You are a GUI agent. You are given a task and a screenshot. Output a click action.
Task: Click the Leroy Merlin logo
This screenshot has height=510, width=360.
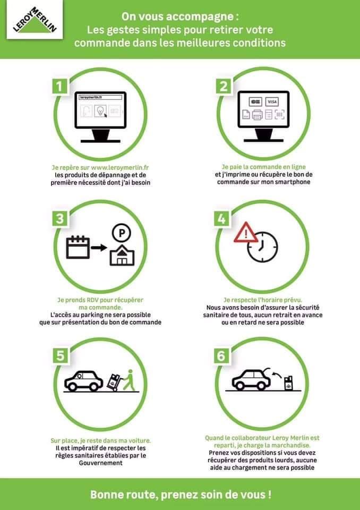pos(35,20)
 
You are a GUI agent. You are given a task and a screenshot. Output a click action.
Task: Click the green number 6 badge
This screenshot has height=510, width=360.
pos(221,355)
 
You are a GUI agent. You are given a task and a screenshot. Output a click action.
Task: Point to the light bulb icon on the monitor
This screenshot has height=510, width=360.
pos(100,110)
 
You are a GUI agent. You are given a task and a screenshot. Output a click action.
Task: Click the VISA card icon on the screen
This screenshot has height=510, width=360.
pos(272,102)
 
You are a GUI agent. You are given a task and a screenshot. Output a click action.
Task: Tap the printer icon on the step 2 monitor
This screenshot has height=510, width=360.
pos(257,115)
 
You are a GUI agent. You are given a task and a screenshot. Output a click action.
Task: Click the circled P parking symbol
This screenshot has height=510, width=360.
pos(121,233)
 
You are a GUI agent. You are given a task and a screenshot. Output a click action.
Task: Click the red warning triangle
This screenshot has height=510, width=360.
pos(246,233)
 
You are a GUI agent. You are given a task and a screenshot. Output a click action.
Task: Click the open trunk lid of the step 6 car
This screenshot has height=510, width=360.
pos(267,371)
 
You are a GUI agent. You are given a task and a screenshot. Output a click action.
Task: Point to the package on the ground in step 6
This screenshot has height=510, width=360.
pos(288,383)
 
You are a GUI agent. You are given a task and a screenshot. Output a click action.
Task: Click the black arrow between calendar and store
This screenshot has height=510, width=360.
pos(99,248)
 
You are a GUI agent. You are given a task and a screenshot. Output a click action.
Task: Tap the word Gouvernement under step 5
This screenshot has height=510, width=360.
pos(101,463)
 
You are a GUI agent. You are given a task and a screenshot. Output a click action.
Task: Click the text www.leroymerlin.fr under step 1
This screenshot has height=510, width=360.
pos(119,167)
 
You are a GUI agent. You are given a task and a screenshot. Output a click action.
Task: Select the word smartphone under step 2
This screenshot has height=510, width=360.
pos(293,182)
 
